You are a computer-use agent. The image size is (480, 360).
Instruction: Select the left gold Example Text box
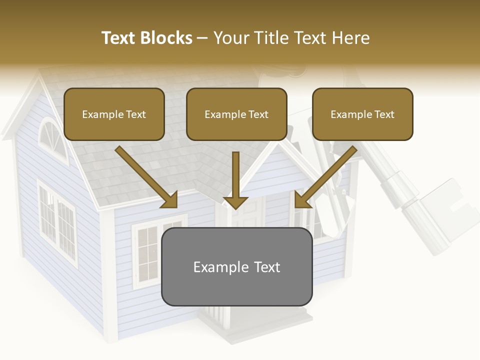[114, 114]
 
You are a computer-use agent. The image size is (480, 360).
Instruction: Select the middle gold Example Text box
[236, 114]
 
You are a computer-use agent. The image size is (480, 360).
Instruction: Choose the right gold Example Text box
[362, 114]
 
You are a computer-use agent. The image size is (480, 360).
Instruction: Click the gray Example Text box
[236, 266]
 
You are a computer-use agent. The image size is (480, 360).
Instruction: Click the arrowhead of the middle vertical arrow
[235, 202]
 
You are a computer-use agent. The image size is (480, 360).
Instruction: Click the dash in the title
[202, 38]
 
